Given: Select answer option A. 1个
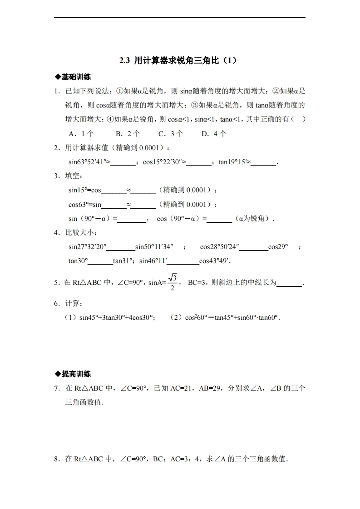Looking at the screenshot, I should coord(81,133).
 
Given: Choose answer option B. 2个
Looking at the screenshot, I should coord(128,133).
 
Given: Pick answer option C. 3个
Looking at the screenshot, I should coord(171,133).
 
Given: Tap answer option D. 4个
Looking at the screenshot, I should coord(214,133).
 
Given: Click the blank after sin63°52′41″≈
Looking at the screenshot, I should coord(123,163).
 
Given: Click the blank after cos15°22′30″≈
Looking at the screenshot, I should coord(200,163).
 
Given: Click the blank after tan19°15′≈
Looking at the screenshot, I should coord(264,163).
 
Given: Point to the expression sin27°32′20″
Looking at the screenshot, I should coord(88,247).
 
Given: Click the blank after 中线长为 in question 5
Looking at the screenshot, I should coord(289,283).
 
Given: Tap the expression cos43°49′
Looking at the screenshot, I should coord(215,261).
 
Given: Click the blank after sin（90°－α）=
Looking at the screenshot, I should coord(132,219).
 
